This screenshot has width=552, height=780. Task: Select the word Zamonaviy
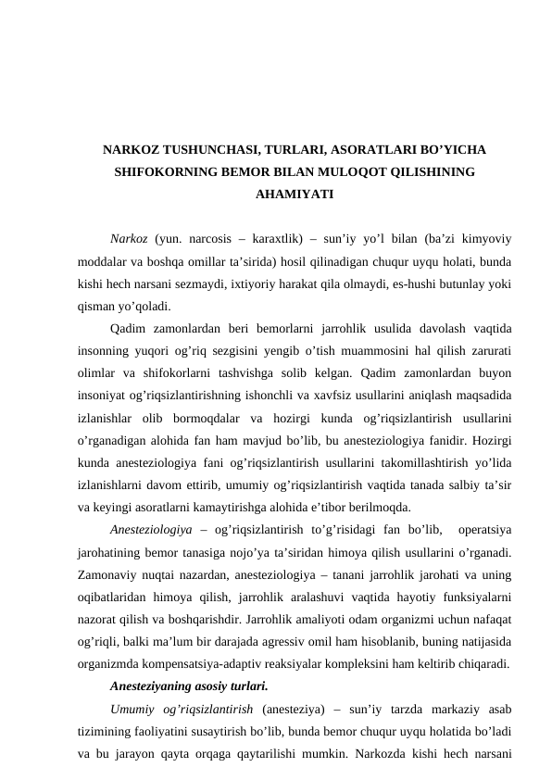(112, 573)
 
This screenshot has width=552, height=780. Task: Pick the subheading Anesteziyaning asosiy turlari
(188, 686)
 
